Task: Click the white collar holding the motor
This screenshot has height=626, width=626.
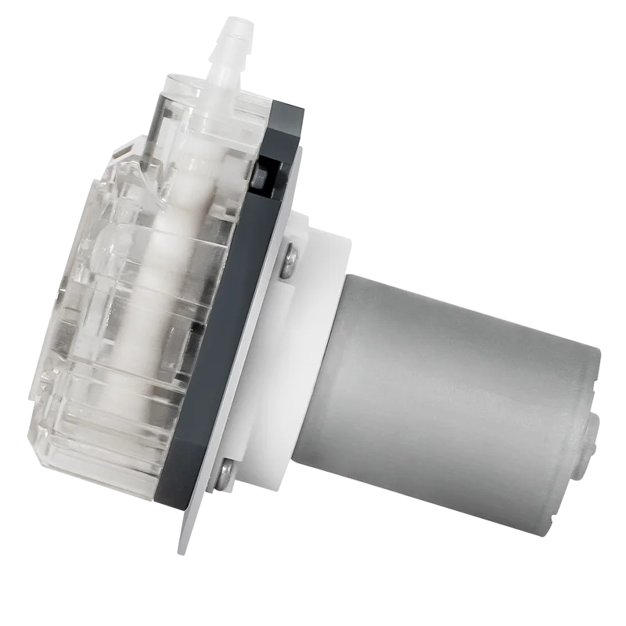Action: (313, 336)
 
